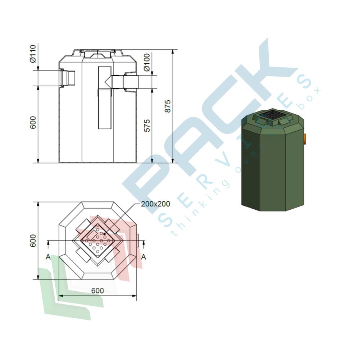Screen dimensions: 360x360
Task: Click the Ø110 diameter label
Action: coord(33,54)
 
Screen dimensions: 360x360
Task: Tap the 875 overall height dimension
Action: coord(168,106)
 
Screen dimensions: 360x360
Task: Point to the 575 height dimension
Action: coord(147,126)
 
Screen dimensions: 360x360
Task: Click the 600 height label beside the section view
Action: coord(33,122)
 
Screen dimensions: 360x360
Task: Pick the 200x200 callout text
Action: coord(155,204)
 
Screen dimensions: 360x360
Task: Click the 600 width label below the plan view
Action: coord(97,291)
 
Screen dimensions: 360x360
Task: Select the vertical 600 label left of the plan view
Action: coord(33,241)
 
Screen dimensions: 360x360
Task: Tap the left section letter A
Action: coord(48,257)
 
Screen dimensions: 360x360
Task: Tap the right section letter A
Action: coord(143,257)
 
